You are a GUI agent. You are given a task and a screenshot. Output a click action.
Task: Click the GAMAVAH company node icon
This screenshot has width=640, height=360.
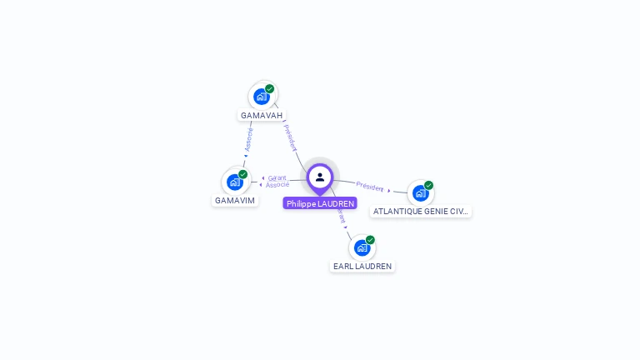click(262, 96)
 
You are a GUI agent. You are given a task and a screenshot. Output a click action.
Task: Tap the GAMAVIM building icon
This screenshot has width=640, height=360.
click(235, 182)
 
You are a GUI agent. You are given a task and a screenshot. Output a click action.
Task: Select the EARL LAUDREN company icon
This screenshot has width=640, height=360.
click(362, 247)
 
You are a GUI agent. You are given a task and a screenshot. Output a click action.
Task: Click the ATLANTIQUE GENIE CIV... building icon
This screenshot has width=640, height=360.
click(420, 192)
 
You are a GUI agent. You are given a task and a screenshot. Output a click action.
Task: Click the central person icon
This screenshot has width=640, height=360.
click(320, 177)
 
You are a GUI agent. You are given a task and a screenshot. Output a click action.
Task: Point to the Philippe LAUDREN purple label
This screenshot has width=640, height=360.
click(320, 203)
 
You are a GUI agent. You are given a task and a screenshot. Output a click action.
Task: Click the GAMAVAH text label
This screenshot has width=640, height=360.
click(262, 115)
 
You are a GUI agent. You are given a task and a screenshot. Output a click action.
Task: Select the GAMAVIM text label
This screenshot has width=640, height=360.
click(235, 200)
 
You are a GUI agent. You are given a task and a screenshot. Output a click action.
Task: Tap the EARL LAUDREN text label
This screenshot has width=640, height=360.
click(362, 266)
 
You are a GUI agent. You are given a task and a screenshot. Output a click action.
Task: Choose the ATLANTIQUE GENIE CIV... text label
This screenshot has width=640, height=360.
click(421, 212)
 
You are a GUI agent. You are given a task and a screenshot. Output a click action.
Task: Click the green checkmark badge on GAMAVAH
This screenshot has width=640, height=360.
click(270, 88)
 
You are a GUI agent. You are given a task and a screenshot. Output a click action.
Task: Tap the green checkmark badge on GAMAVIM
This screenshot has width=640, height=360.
click(243, 174)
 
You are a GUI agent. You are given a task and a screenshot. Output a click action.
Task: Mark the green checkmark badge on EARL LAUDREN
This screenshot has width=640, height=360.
click(370, 240)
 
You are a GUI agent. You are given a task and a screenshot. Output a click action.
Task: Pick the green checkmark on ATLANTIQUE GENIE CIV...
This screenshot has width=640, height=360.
click(428, 185)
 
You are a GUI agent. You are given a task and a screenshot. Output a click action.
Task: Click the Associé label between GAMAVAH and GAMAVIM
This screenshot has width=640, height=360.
click(248, 139)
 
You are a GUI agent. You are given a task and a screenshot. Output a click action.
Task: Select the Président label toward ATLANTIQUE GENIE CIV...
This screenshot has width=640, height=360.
click(370, 187)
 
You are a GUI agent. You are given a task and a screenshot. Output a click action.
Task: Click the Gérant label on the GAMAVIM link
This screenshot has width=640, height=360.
click(277, 177)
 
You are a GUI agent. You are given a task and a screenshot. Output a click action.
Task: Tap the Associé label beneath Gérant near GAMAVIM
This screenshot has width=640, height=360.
click(277, 185)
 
